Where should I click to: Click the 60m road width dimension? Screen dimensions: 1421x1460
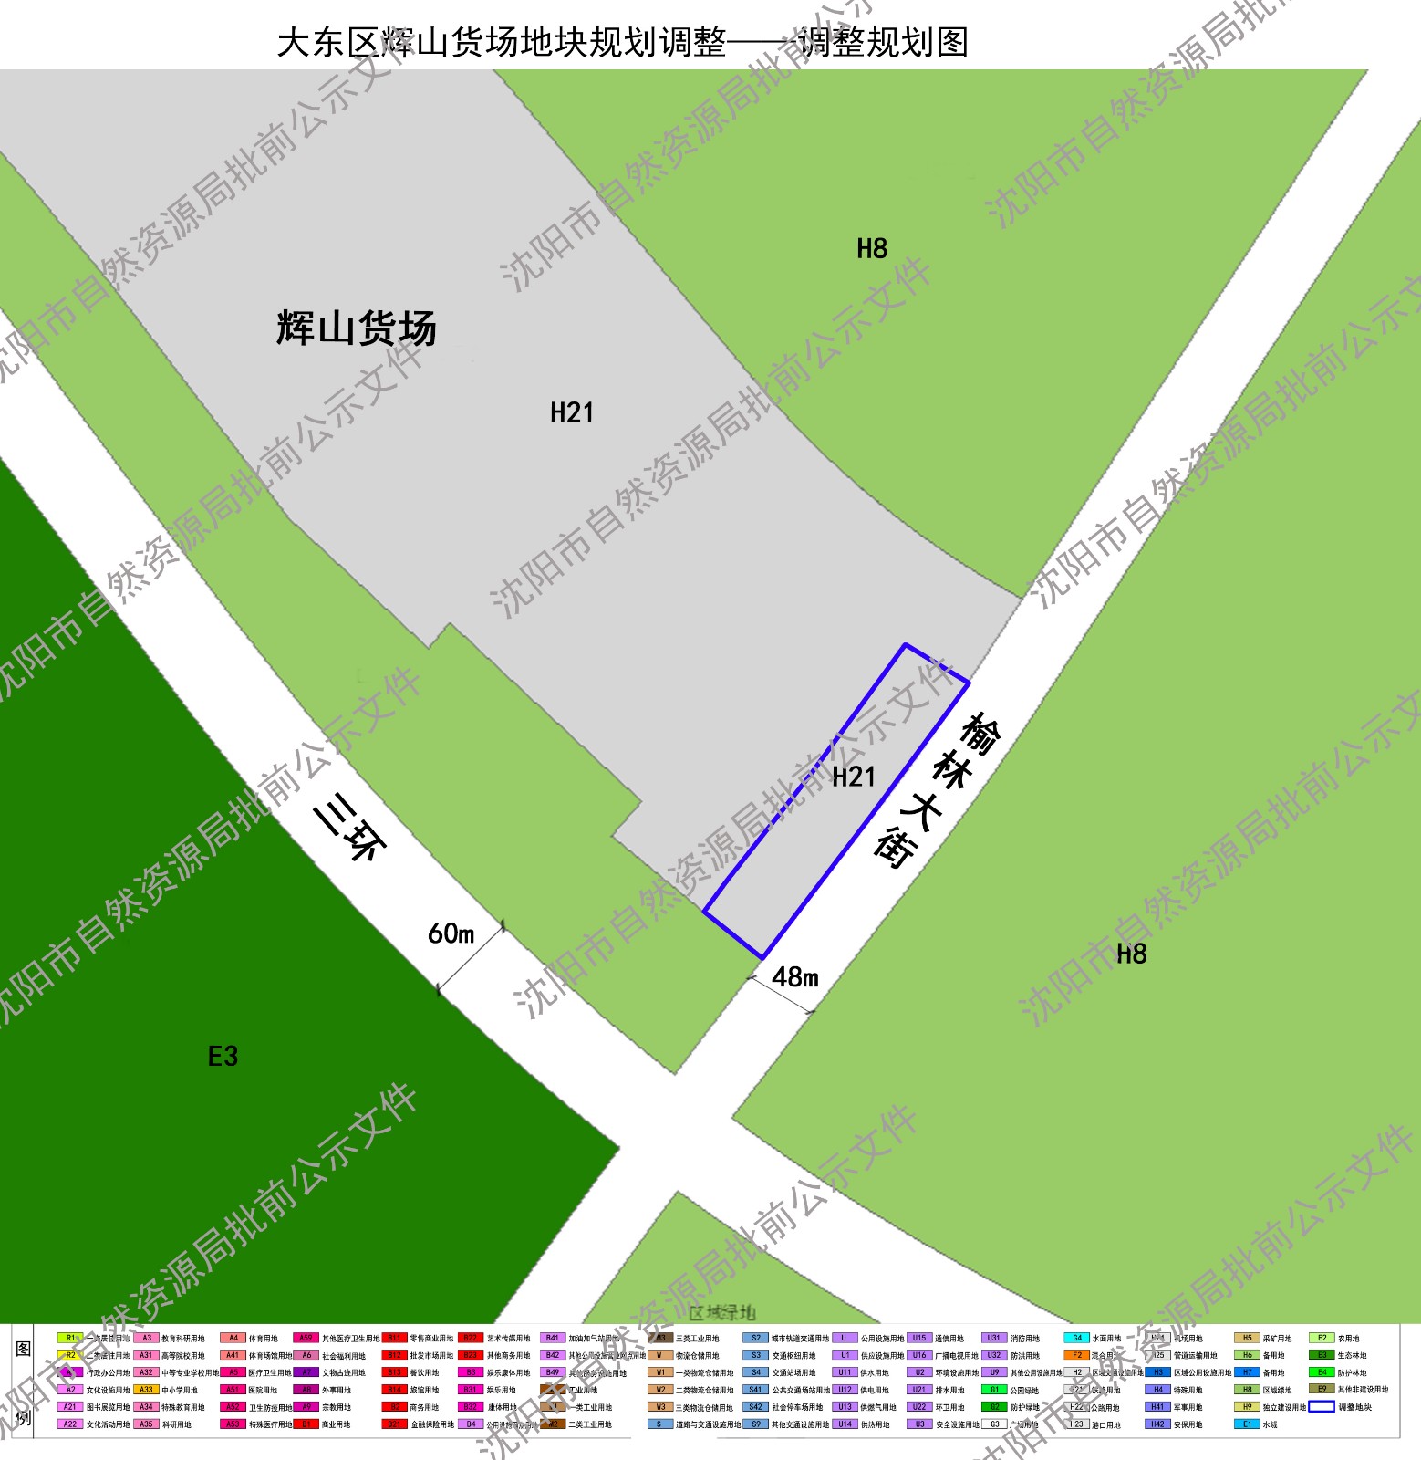click(451, 933)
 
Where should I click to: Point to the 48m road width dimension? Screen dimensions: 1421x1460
click(794, 977)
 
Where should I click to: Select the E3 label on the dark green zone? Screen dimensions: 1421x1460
click(223, 1056)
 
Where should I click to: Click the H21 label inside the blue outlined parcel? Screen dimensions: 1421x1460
click(854, 777)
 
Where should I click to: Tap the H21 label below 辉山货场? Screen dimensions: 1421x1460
click(572, 412)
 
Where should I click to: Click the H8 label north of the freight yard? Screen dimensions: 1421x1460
click(872, 248)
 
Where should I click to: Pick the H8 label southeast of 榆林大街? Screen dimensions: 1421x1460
click(1131, 954)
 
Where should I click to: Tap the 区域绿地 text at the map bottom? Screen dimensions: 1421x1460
click(722, 1312)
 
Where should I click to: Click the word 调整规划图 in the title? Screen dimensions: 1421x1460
click(883, 43)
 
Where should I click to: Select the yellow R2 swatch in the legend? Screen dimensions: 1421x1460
click(70, 1355)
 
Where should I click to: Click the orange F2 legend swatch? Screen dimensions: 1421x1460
click(1076, 1355)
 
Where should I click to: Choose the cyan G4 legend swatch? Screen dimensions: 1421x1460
click(1076, 1338)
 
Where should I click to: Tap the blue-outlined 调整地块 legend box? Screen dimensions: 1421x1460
click(1322, 1406)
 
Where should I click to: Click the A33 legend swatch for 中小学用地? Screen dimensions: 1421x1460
click(146, 1390)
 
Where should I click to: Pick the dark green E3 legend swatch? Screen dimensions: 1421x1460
click(1322, 1355)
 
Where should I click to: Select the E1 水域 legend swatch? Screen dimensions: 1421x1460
click(1247, 1423)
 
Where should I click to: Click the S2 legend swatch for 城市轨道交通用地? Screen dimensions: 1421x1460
click(755, 1338)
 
